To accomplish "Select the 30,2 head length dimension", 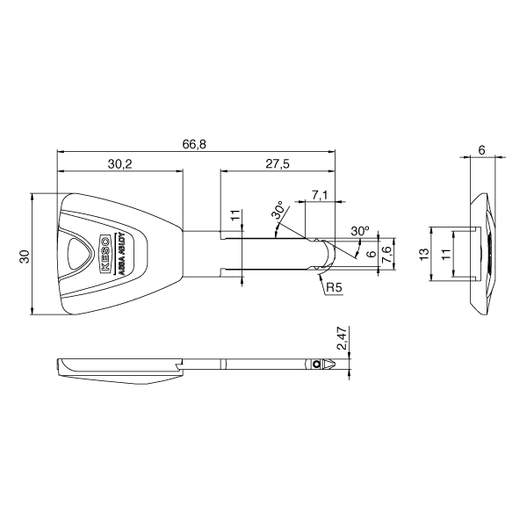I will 120,163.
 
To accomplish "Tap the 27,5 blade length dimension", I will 278,163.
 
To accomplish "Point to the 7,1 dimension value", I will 319,194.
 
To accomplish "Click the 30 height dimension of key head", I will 25,256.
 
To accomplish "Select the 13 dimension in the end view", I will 423,254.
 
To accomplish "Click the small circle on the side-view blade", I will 314,364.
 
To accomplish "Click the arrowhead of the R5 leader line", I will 318,272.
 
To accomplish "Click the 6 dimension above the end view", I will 482,150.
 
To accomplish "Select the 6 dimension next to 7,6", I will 372,254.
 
